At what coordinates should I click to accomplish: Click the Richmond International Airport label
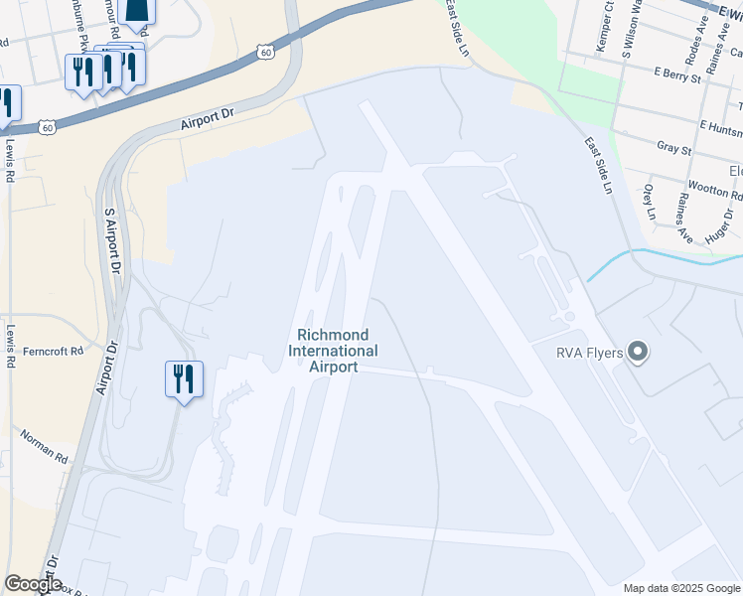pos(333,351)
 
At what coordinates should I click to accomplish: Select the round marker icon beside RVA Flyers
pos(637,353)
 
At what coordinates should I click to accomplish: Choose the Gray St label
pos(673,149)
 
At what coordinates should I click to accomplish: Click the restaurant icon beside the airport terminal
pos(184,378)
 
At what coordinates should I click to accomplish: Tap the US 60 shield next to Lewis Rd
pos(48,127)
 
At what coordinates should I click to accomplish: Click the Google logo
pos(32,585)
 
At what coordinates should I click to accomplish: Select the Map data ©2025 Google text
pos(681,588)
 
